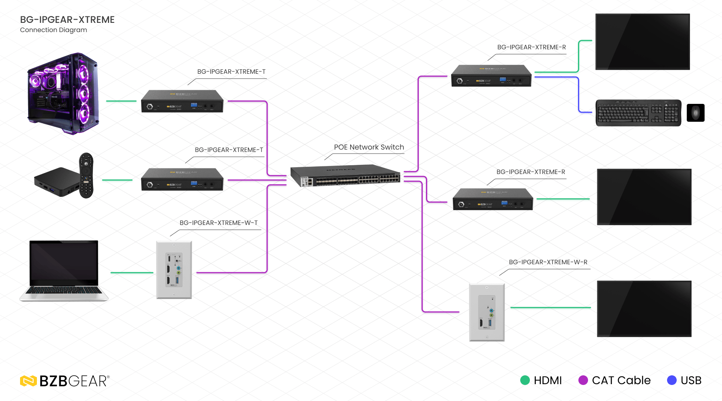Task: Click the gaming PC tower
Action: click(63, 94)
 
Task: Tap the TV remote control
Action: click(86, 175)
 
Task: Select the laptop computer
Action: click(64, 271)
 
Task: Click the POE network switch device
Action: click(345, 176)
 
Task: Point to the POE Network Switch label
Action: click(369, 147)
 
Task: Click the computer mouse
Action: click(696, 113)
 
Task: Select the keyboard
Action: click(638, 113)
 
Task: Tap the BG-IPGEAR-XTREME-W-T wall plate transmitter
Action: click(174, 270)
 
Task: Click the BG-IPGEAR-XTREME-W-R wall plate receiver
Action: click(487, 313)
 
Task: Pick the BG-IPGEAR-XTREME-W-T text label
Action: click(219, 223)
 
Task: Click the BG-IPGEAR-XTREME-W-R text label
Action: click(548, 262)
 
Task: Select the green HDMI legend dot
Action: click(525, 380)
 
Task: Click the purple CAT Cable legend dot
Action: click(583, 380)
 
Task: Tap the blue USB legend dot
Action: click(672, 380)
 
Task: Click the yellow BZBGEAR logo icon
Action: click(28, 381)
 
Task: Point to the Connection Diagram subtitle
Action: click(53, 30)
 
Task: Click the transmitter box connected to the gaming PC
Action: click(182, 101)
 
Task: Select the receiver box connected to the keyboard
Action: click(491, 76)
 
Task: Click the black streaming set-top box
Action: click(57, 182)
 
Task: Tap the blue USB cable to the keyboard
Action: click(578, 95)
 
